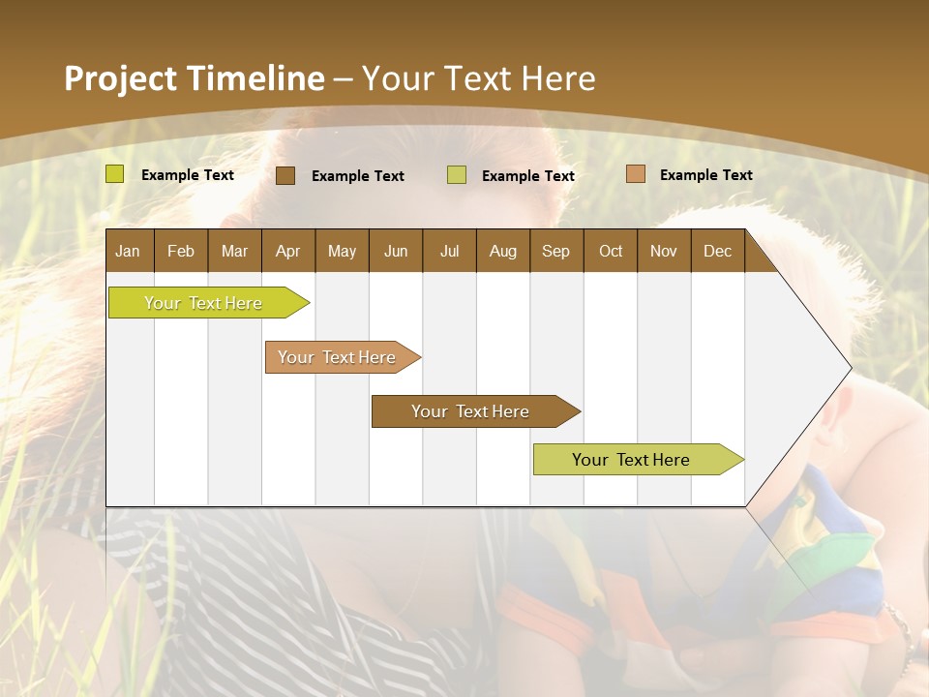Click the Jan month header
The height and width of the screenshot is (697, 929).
click(x=128, y=252)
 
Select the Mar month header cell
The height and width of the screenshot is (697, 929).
click(x=234, y=252)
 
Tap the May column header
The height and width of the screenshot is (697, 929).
click(x=342, y=252)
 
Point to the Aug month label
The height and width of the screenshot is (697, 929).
click(x=502, y=252)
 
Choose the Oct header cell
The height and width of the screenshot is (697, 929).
click(x=611, y=252)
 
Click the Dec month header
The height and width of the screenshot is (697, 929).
click(x=717, y=252)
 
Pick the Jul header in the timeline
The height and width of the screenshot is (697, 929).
click(x=449, y=252)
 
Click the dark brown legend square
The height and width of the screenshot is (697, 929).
click(x=285, y=175)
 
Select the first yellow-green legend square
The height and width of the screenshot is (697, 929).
click(x=115, y=174)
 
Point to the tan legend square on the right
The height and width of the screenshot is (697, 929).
click(x=635, y=174)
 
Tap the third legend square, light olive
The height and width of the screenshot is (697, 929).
click(x=457, y=175)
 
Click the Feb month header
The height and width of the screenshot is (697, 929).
click(x=181, y=252)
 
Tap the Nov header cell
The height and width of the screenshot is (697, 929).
click(x=664, y=252)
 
